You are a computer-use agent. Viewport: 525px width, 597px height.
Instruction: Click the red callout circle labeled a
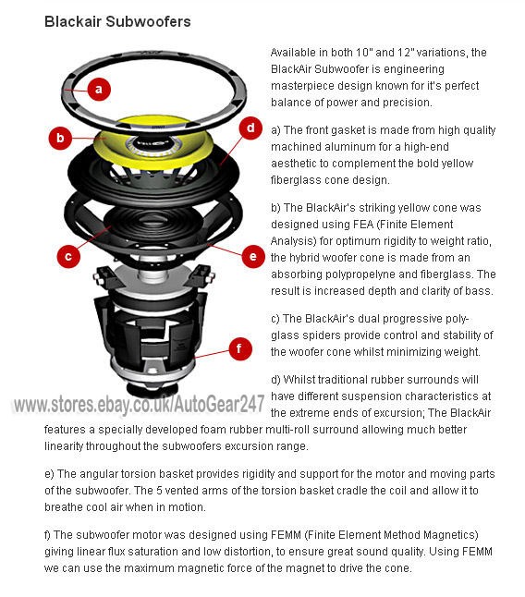click(x=99, y=90)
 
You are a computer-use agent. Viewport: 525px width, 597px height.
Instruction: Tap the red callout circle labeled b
click(x=60, y=138)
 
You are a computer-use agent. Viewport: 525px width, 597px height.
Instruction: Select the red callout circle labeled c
click(x=68, y=256)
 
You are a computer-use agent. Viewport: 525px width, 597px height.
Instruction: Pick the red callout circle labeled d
click(x=250, y=128)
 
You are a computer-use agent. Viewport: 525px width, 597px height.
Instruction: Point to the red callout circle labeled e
click(x=253, y=256)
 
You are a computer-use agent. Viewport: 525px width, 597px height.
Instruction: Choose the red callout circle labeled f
click(x=240, y=348)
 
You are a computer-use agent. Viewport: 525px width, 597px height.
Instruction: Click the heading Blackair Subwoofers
click(x=117, y=21)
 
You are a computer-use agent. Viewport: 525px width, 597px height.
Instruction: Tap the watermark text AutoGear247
click(x=219, y=404)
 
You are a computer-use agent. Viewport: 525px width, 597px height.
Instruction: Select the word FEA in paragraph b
click(x=363, y=225)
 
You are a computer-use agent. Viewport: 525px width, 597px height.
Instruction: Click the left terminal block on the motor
click(x=104, y=274)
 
